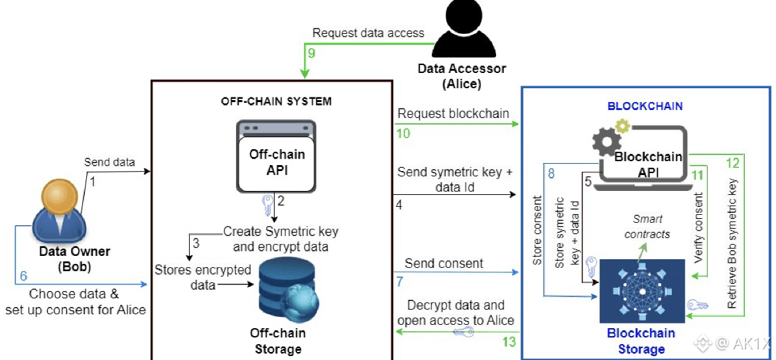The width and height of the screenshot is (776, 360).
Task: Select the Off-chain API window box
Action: tap(277, 157)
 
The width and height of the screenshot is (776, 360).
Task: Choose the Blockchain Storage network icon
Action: tap(641, 290)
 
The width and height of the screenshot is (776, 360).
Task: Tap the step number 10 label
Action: tap(403, 133)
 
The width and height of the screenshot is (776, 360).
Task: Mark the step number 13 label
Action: tap(508, 341)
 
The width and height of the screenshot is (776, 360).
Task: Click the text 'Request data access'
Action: tap(368, 32)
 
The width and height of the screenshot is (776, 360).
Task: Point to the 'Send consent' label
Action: tap(444, 263)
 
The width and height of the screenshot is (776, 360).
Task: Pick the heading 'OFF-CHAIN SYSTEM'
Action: tap(276, 101)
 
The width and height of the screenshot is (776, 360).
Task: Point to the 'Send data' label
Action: tap(109, 162)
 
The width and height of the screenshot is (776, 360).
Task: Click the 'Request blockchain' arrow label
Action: tap(453, 113)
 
